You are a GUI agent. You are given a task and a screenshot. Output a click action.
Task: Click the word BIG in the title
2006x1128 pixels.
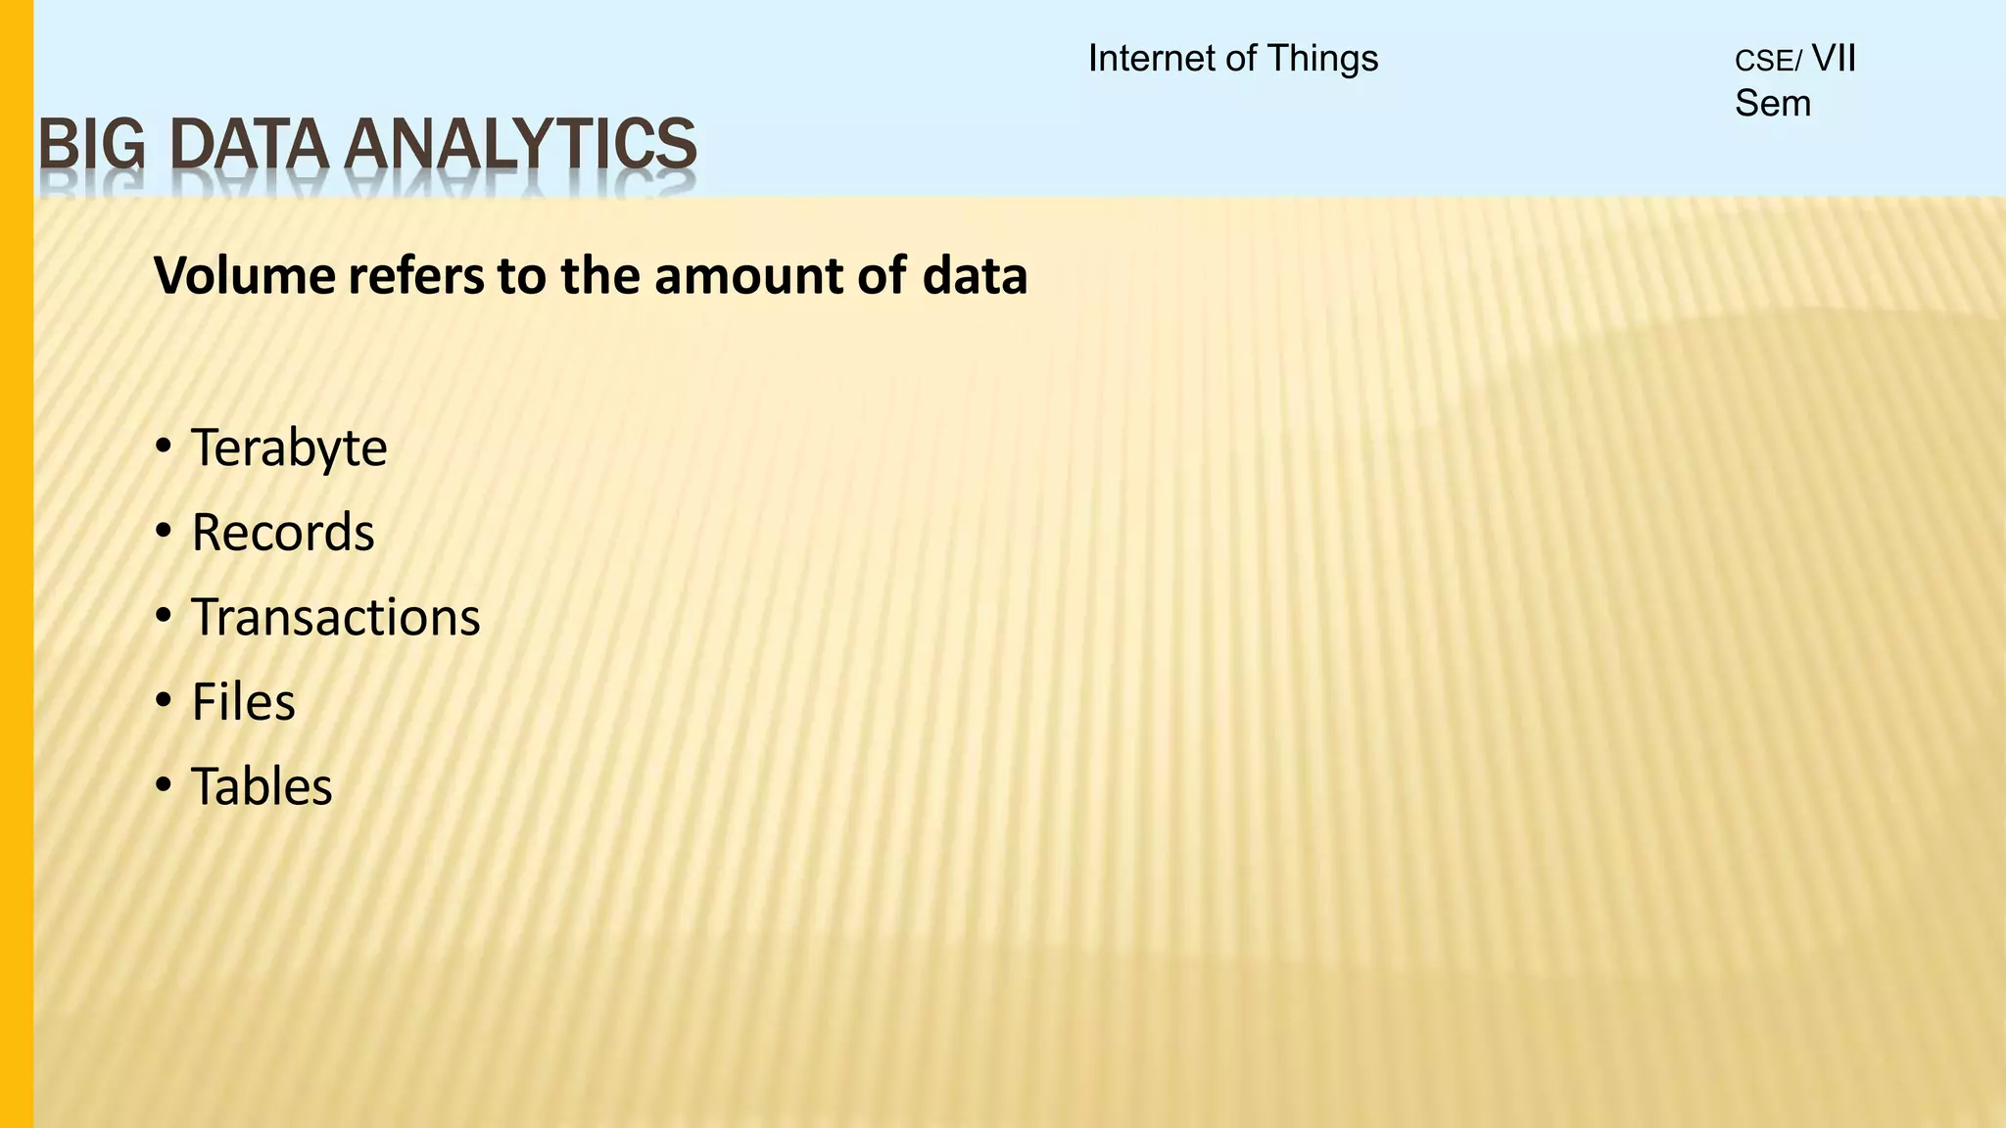coord(91,144)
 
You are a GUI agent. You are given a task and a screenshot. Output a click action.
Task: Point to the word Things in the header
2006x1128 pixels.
coord(1322,59)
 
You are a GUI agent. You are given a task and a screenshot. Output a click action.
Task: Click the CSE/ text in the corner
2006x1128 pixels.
coord(1767,62)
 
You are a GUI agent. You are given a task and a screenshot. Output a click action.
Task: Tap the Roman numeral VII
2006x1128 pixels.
coord(1834,59)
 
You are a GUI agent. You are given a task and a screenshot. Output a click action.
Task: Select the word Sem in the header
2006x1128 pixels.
coord(1773,103)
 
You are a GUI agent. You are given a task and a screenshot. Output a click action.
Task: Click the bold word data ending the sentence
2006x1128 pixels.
coord(975,276)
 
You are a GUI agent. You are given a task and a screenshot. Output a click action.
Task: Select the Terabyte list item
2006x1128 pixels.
coord(289,448)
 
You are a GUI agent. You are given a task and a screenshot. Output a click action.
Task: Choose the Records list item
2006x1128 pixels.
coord(283,533)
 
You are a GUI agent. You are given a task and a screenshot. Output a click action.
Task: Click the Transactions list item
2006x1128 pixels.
coord(336,618)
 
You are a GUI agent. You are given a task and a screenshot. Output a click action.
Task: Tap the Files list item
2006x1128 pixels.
coord(243,702)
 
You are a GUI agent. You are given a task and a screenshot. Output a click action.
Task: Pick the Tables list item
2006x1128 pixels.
coord(262,786)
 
